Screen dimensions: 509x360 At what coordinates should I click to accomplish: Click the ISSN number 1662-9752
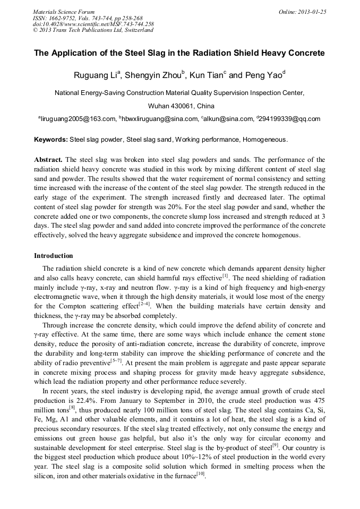click(x=62, y=18)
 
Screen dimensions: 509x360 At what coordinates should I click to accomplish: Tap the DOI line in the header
click(x=93, y=24)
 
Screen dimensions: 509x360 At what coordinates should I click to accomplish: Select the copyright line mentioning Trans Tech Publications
click(x=93, y=30)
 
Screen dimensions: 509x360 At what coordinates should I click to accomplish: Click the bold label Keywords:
click(x=51, y=140)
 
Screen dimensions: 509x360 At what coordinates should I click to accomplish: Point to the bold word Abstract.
click(x=48, y=159)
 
